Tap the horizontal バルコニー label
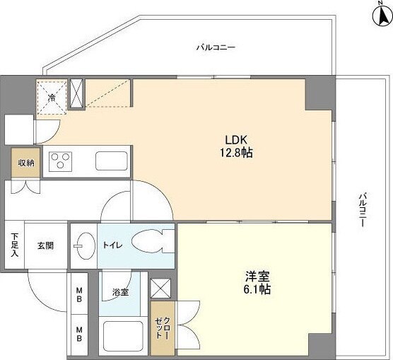[216, 47]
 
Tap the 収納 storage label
[26, 163]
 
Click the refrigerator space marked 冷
[52, 97]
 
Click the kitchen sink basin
[111, 161]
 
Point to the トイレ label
[113, 245]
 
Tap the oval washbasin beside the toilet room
[83, 245]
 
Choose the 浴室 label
[119, 291]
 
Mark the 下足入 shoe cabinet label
[13, 245]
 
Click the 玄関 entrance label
[45, 245]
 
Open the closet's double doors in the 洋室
[182, 326]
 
